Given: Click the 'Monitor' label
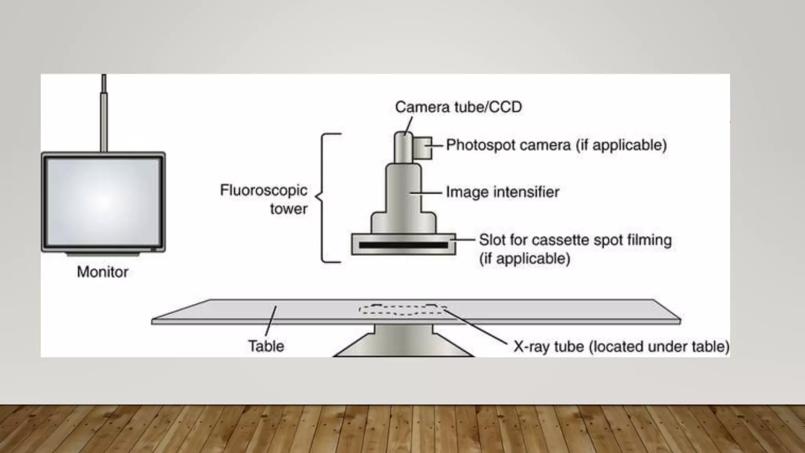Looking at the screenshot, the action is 103,272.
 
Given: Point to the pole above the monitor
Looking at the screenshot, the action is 104,113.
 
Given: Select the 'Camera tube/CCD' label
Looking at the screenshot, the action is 458,107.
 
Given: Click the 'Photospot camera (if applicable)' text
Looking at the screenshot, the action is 557,145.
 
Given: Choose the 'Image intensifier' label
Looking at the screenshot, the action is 502,192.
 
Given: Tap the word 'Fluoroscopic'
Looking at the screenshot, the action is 263,191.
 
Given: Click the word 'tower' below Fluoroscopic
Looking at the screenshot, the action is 289,209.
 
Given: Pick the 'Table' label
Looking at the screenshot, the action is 266,346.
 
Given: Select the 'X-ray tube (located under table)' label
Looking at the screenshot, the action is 621,346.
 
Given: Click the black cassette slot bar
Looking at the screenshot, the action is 403,245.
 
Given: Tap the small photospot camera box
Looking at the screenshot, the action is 423,148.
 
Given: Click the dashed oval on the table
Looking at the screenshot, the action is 403,309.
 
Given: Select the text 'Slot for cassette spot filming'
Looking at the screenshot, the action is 575,240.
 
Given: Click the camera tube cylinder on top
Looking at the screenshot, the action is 403,147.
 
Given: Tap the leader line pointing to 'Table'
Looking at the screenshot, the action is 271,321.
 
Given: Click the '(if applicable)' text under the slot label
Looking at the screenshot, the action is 525,259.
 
